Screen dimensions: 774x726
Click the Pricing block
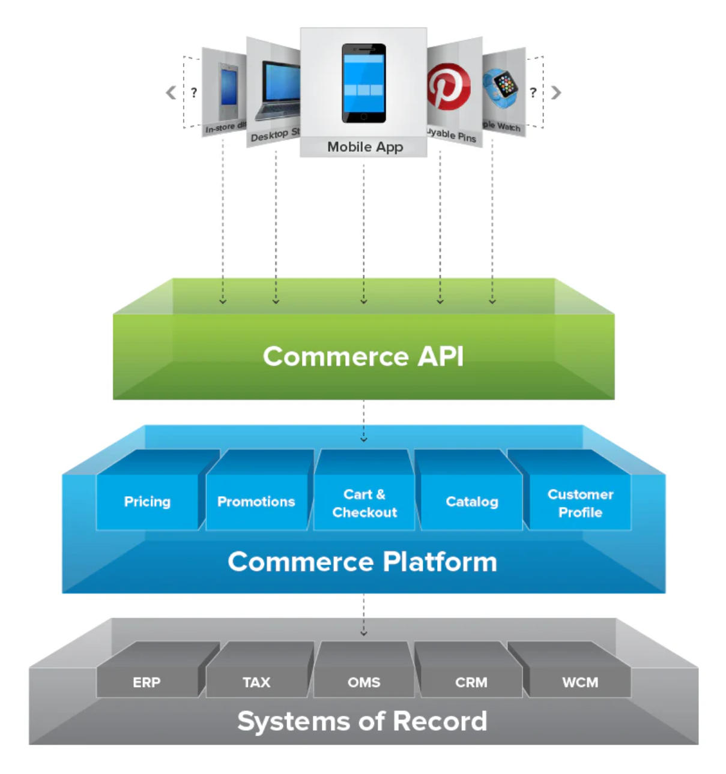click(x=147, y=502)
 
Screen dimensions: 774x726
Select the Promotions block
click(x=256, y=502)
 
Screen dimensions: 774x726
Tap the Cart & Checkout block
click(x=365, y=503)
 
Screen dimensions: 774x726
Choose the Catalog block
click(x=472, y=502)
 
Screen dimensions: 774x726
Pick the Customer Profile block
click(x=580, y=503)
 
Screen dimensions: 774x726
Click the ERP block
click(x=147, y=682)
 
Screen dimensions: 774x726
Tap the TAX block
click(x=256, y=682)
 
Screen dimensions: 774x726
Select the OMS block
click(x=364, y=682)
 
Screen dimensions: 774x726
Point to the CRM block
click(x=471, y=682)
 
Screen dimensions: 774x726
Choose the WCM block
click(x=580, y=682)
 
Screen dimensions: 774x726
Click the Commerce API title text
click(x=363, y=356)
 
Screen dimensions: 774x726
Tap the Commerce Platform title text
click(x=363, y=562)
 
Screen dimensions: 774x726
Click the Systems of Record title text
click(x=362, y=721)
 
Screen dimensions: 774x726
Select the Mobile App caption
click(x=365, y=147)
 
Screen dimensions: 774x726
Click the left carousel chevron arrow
click(x=171, y=92)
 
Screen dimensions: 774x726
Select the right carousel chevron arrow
click(x=556, y=92)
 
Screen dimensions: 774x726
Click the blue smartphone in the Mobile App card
click(x=364, y=83)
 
